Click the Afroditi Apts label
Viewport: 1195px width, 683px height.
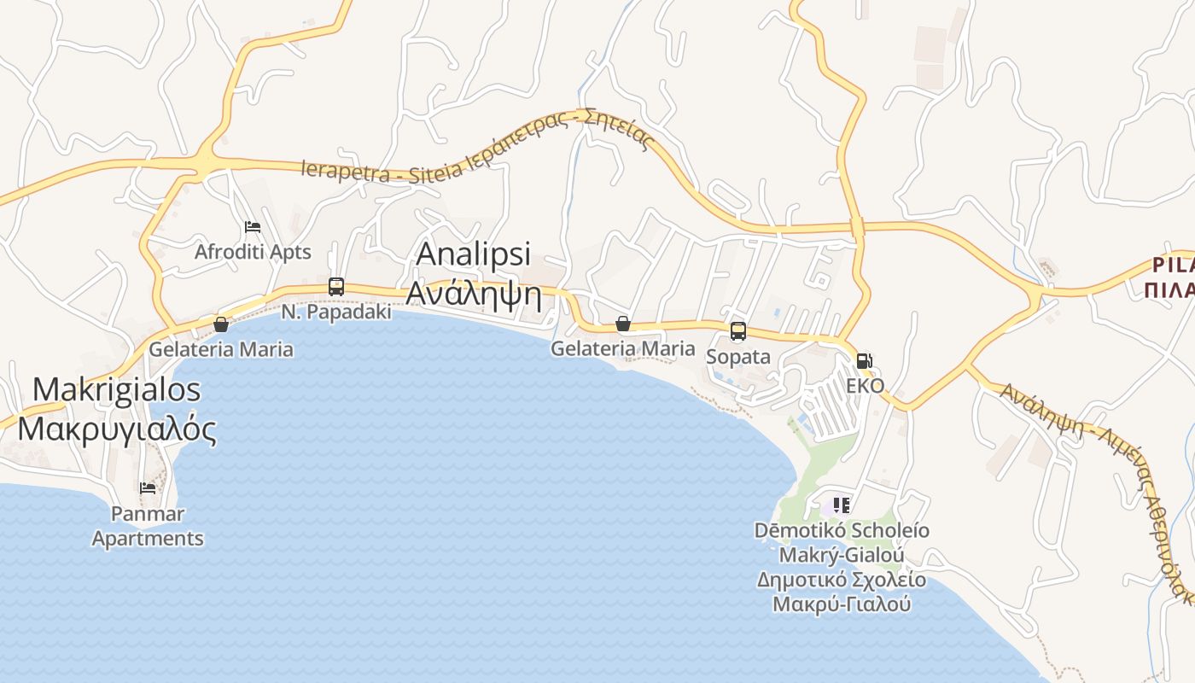point(253,252)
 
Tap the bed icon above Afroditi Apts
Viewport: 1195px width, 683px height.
point(253,227)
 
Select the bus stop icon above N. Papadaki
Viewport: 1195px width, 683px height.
point(336,287)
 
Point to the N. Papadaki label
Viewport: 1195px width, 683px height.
point(336,312)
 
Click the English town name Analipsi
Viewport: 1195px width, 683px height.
point(473,254)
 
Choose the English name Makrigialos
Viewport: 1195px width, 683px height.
point(116,389)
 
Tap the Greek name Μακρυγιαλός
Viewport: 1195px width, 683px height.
point(116,429)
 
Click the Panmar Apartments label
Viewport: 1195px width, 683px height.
point(148,527)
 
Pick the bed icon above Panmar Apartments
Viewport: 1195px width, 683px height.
point(148,488)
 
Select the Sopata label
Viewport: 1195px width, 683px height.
point(738,357)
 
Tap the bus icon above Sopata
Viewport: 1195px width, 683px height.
point(738,331)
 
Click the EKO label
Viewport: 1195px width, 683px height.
point(865,385)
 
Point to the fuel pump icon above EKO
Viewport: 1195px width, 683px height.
point(865,361)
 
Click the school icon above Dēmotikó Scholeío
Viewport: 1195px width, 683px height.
point(842,505)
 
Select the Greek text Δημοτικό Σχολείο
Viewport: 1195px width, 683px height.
point(842,580)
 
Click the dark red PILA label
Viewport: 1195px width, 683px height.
point(1172,264)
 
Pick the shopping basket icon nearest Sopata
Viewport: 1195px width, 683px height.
point(623,324)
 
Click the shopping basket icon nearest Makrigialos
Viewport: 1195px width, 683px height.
point(221,324)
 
